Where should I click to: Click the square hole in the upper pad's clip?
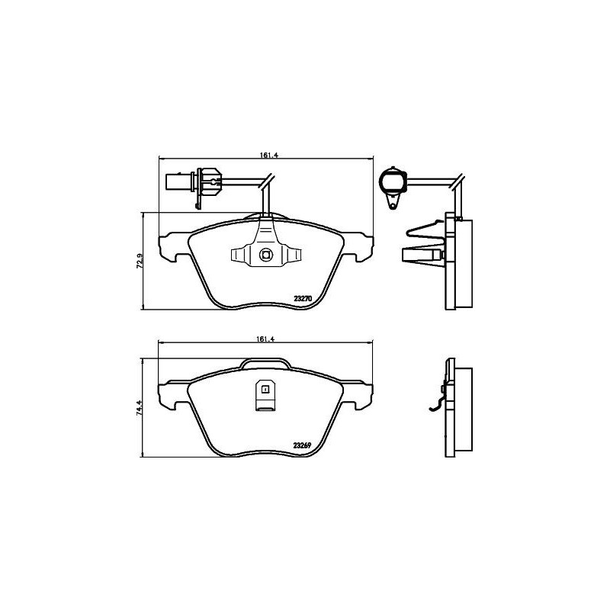(x=265, y=255)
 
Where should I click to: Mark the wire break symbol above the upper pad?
(x=266, y=182)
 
